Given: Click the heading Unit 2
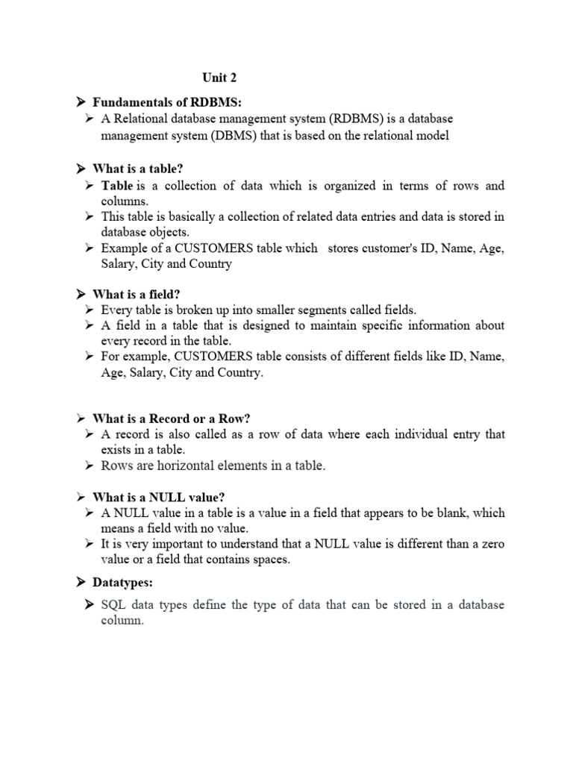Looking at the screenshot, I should tap(219, 78).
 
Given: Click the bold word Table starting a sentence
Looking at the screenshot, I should tap(117, 186).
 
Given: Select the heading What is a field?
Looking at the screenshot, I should tap(137, 294).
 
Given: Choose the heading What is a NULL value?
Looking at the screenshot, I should tap(158, 497).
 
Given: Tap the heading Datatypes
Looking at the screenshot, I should tap(126, 581).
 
